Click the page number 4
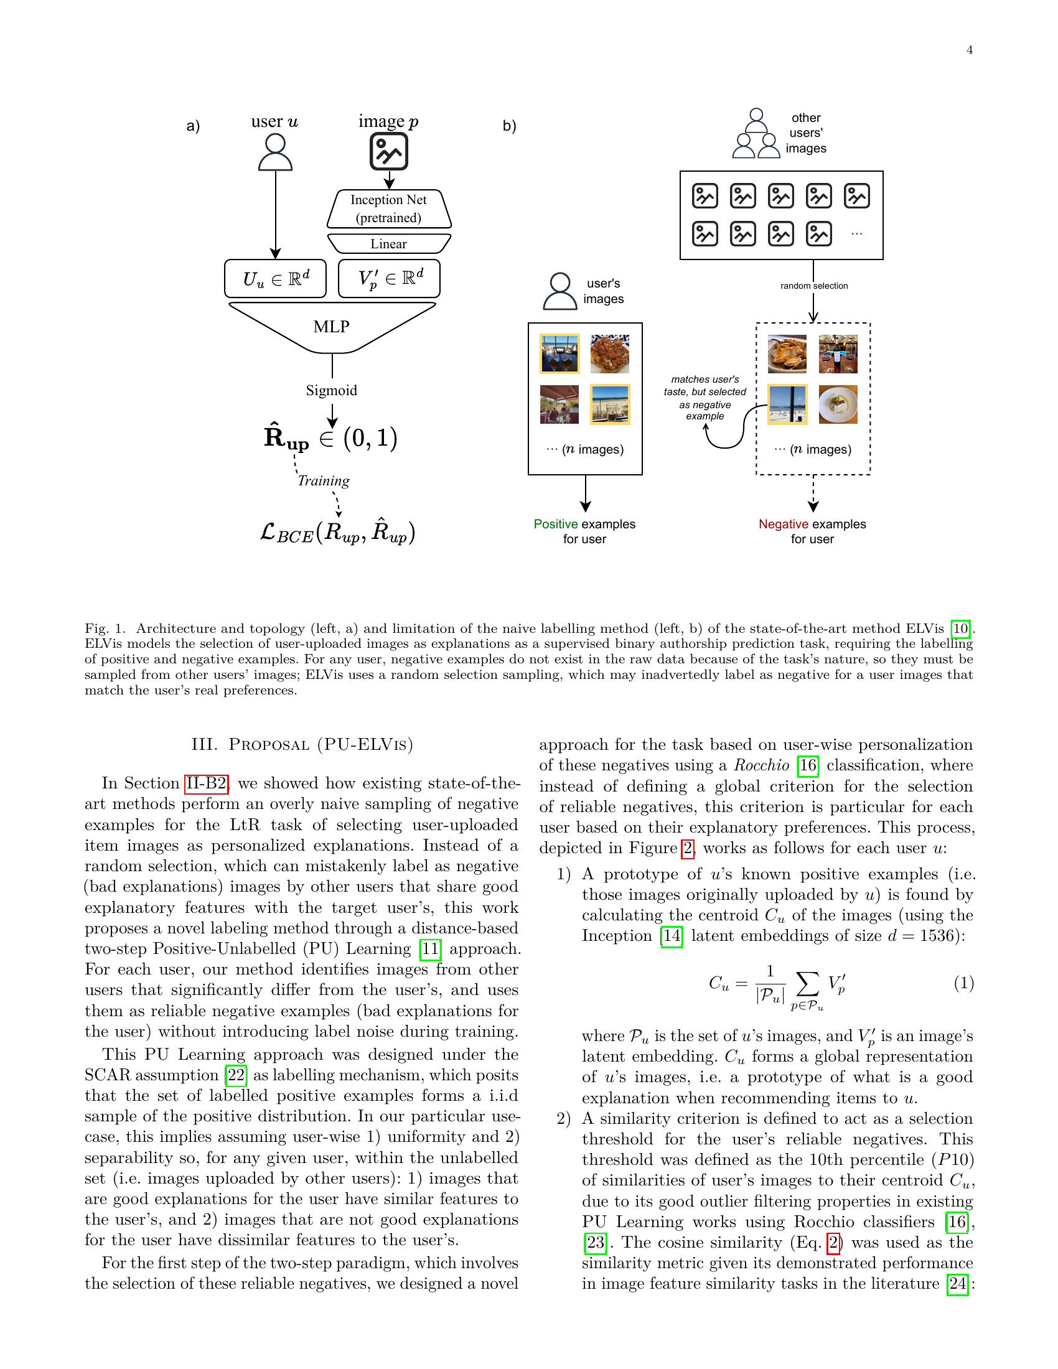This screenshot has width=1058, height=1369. (x=969, y=50)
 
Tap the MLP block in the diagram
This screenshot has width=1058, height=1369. (x=332, y=327)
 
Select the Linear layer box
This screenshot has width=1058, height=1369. (x=388, y=244)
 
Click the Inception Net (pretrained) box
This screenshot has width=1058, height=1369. (x=388, y=208)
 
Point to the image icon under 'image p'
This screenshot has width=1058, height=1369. (x=388, y=152)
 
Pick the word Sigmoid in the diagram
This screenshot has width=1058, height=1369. (x=332, y=391)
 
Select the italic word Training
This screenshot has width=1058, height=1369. (x=324, y=481)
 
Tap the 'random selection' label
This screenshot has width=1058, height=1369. (x=813, y=286)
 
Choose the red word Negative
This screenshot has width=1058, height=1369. (x=782, y=524)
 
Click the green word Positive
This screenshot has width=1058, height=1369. (x=555, y=524)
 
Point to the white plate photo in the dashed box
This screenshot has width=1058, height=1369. (x=837, y=404)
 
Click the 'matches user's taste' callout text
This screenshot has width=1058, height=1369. (x=705, y=398)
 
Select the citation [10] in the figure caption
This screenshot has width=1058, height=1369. (x=960, y=628)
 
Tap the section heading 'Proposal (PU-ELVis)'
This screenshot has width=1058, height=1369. (x=302, y=745)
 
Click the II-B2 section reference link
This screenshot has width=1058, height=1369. (x=205, y=783)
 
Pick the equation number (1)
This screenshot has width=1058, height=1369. (x=963, y=983)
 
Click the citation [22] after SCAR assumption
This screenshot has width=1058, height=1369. (x=236, y=1075)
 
